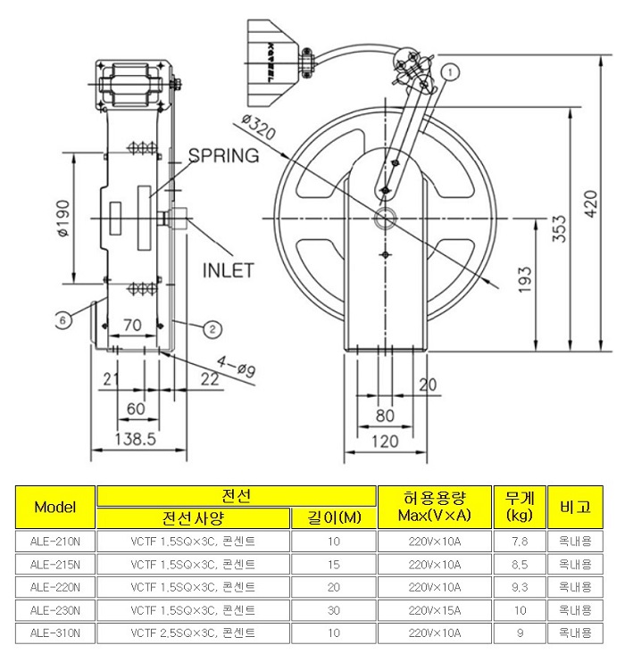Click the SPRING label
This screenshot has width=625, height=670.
(x=223, y=155)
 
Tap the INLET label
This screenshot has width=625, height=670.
(x=229, y=269)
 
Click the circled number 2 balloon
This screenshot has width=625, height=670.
(x=212, y=328)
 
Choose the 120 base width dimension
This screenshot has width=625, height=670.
(x=386, y=441)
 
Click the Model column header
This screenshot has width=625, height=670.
(x=55, y=507)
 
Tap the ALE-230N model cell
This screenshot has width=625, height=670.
(x=55, y=611)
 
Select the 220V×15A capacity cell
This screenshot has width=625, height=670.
(x=436, y=611)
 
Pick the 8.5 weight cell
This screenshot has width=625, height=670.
(x=519, y=565)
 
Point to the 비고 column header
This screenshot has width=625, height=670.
(x=575, y=507)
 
